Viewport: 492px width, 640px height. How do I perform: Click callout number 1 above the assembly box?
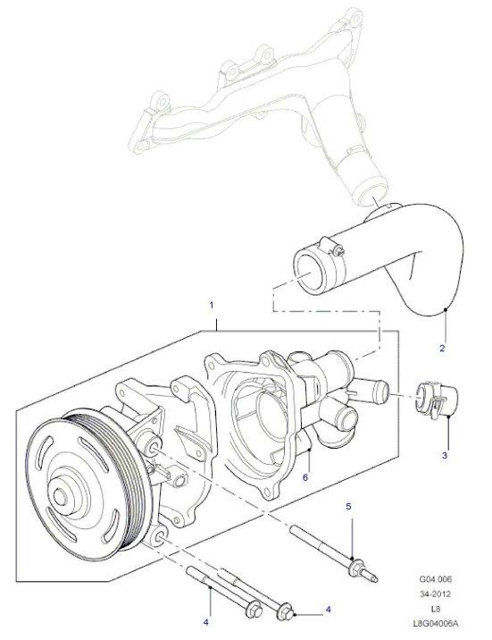(x=211, y=306)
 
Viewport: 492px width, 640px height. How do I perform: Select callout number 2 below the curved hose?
(x=442, y=349)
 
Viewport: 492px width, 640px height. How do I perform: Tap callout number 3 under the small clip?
(x=445, y=455)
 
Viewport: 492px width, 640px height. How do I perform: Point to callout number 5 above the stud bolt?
(x=348, y=507)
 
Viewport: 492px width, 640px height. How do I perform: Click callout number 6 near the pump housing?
(x=305, y=476)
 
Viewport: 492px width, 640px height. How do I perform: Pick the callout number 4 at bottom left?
(x=206, y=622)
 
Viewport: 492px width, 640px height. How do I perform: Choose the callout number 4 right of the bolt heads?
(x=328, y=610)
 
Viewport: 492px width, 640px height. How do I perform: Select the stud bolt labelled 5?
(x=333, y=553)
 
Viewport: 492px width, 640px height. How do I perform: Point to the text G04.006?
(x=436, y=579)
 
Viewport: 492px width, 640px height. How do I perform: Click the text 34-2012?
(x=436, y=594)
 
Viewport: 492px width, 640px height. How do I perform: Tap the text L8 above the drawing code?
(x=436, y=610)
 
